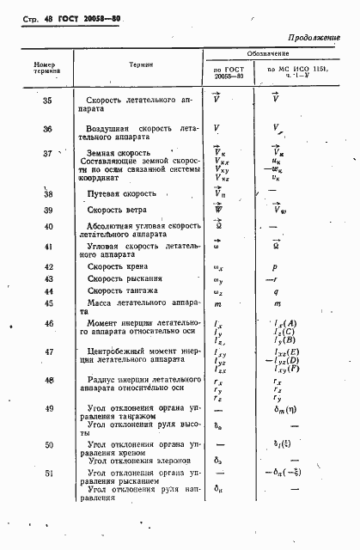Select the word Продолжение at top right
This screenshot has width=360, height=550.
click(x=317, y=37)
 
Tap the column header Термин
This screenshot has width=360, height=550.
click(x=142, y=64)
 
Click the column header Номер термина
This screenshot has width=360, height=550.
click(x=44, y=69)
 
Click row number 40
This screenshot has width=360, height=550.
click(x=47, y=227)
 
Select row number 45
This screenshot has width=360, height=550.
click(x=47, y=302)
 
